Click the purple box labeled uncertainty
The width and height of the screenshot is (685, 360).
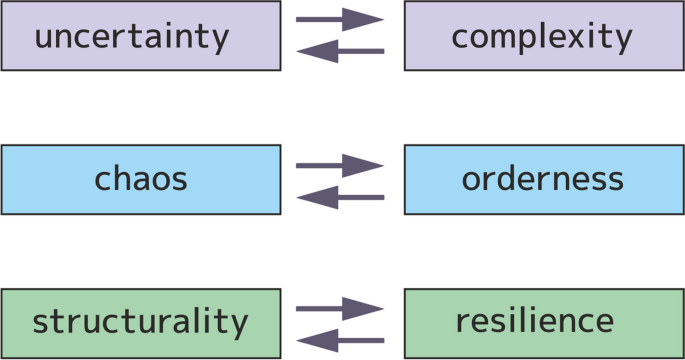(140, 36)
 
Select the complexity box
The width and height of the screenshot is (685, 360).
(543, 36)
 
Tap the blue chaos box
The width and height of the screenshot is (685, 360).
(140, 180)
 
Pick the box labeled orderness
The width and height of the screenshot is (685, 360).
(543, 180)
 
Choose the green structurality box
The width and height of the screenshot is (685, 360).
(140, 322)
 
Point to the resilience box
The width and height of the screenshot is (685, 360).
(543, 322)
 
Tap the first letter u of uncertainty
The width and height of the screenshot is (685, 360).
(45, 39)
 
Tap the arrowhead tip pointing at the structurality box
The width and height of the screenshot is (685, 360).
(298, 339)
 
